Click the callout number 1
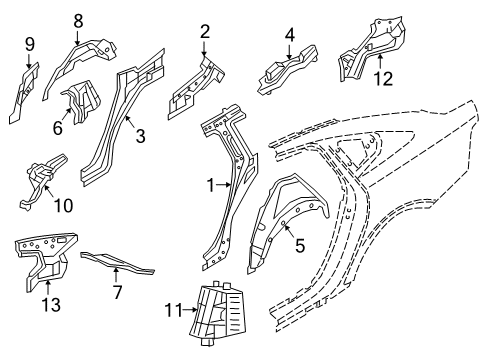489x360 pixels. point(212,185)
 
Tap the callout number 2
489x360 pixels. point(204,33)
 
